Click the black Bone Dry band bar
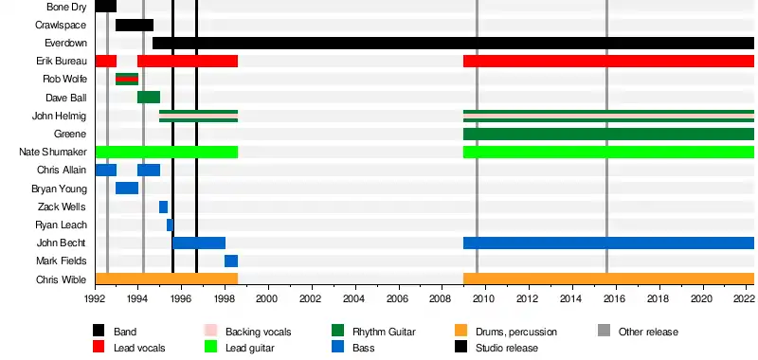tap(106, 7)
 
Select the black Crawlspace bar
tap(135, 26)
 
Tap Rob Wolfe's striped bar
tap(127, 80)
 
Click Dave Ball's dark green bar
tap(149, 98)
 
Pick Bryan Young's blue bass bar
tap(127, 188)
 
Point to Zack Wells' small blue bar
tap(163, 207)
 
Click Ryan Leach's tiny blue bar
tap(170, 225)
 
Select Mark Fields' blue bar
tap(231, 261)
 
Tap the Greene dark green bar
tap(608, 134)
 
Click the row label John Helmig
tap(60, 116)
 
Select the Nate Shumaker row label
tap(53, 153)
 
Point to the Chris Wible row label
tap(62, 279)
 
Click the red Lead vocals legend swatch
tap(99, 347)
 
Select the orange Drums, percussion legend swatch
tap(461, 331)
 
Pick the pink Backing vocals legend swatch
tap(210, 331)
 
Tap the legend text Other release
tap(648, 332)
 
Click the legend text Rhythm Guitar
tap(384, 332)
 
